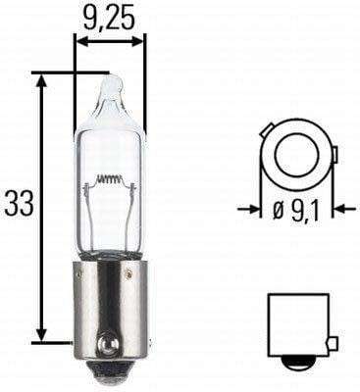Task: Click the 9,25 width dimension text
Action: [x=110, y=16]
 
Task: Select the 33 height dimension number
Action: [x=19, y=205]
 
